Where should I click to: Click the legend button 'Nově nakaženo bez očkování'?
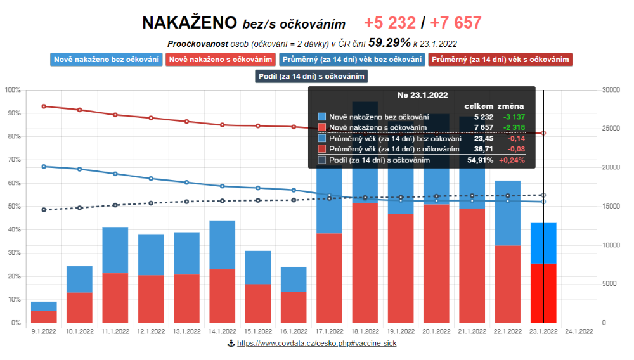click(106, 60)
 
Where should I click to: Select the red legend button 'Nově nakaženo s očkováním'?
click(220, 60)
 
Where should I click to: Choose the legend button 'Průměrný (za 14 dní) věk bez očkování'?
click(351, 60)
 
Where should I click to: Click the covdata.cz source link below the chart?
click(316, 344)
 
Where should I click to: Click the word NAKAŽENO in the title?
click(190, 23)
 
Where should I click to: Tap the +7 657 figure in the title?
click(456, 23)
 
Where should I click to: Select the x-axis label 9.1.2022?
click(44, 331)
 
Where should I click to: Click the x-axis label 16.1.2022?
click(294, 331)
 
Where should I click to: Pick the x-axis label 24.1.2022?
click(579, 331)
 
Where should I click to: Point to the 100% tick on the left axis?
click(13, 90)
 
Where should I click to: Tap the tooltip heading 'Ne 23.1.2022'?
click(422, 95)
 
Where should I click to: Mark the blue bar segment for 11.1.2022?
click(115, 250)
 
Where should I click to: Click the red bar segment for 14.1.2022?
click(222, 295)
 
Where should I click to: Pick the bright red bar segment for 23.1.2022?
click(543, 293)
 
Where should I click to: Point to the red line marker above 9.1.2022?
click(44, 106)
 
